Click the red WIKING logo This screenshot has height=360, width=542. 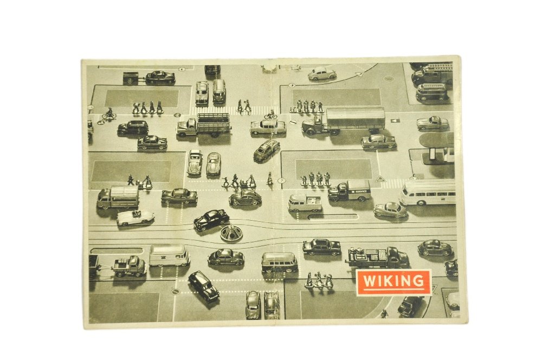[x=393, y=282]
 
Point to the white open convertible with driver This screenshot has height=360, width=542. [x=135, y=217]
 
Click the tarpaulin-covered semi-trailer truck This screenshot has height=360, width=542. [x=343, y=121]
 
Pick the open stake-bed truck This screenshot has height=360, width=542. [x=204, y=125]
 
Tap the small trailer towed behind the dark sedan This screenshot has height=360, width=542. [x=130, y=79]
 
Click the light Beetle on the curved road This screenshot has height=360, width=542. [x=322, y=73]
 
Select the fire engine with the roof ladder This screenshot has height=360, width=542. [x=432, y=74]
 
